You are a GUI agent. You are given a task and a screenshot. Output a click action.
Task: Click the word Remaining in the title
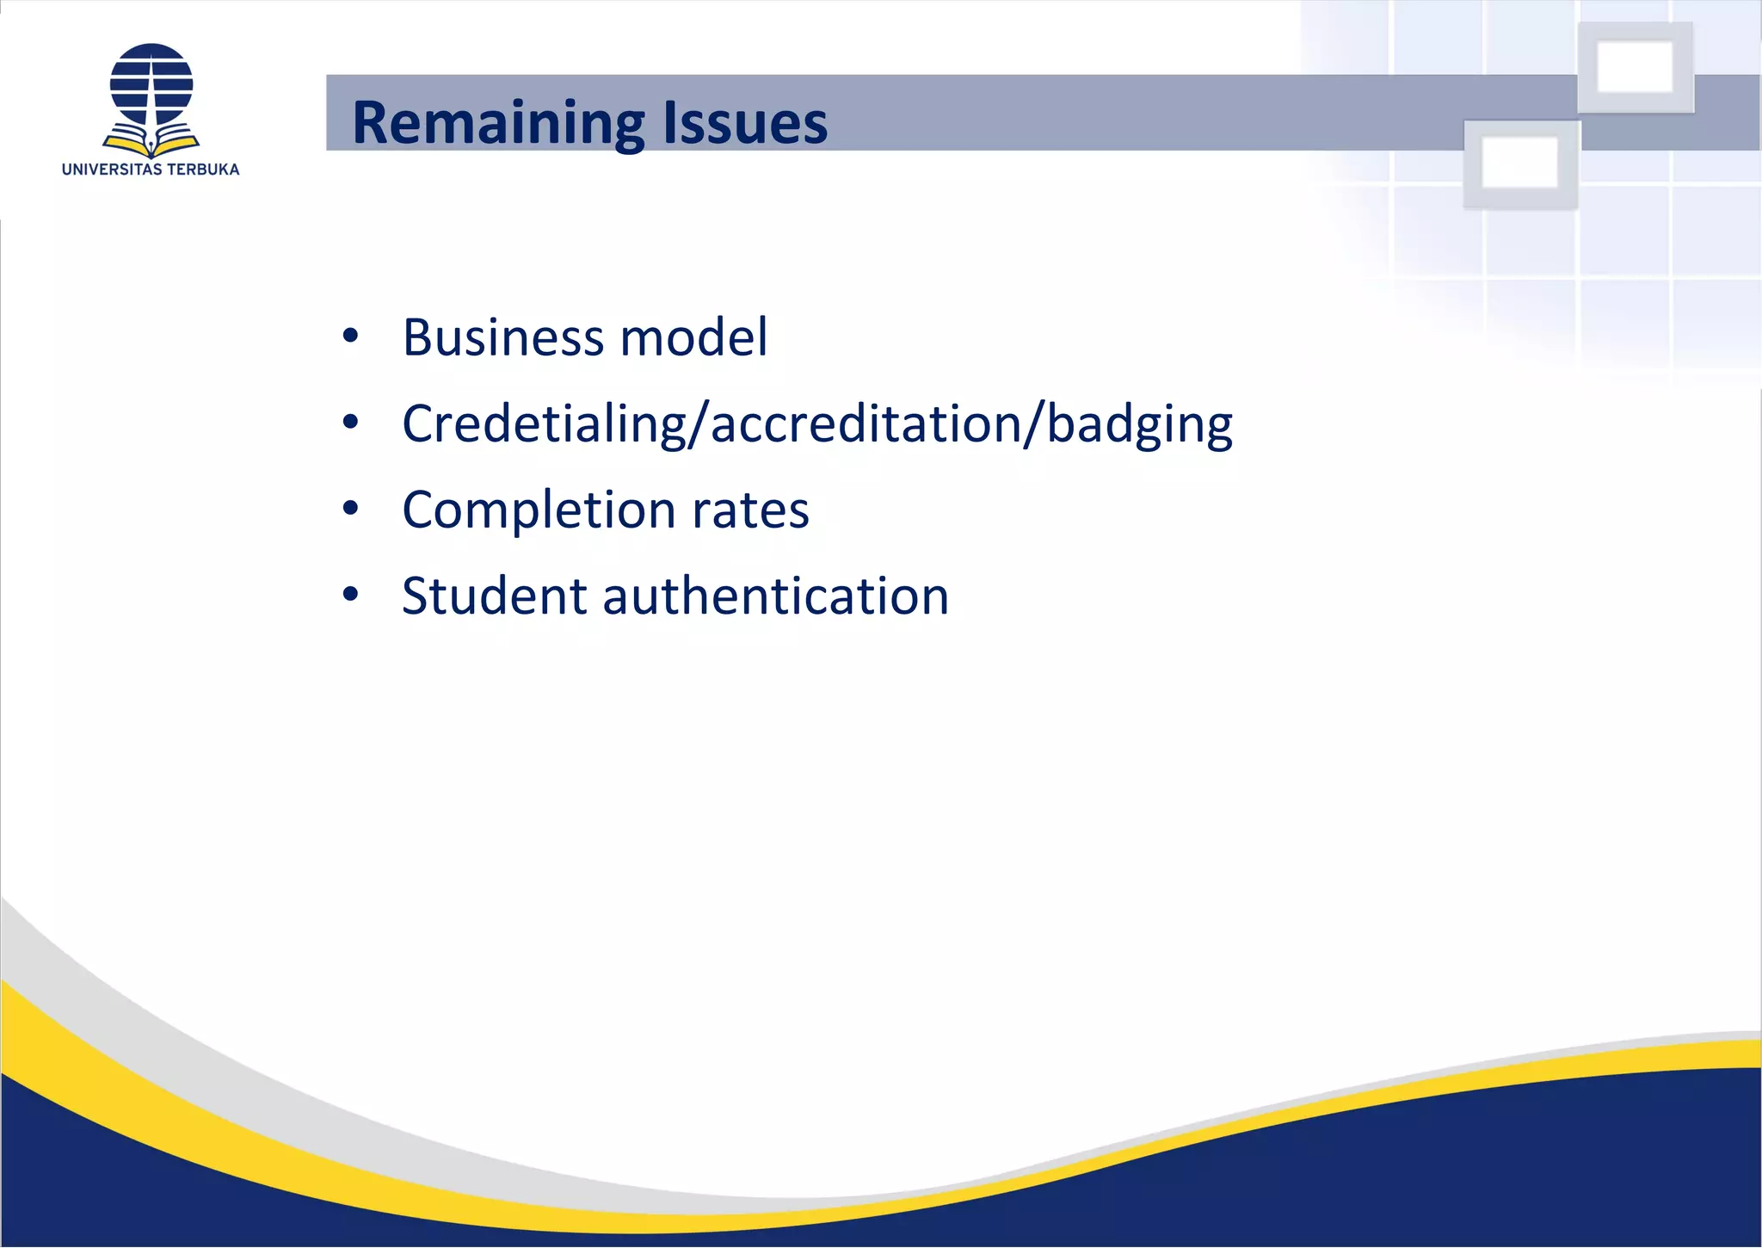coord(497,122)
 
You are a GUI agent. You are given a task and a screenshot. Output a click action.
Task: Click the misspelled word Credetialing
coord(543,424)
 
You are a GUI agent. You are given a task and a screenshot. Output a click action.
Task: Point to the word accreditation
coord(866,424)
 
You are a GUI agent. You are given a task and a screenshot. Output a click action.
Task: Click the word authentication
coord(775,596)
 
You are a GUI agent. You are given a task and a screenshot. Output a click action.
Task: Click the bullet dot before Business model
coord(349,337)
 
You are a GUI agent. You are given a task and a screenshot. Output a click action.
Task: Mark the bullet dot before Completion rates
coord(349,509)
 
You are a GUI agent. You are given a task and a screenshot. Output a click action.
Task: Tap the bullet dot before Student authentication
coord(349,594)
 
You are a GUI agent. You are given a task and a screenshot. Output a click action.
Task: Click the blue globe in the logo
coord(151,83)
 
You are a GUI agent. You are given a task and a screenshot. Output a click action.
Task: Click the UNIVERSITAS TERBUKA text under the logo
coord(151,170)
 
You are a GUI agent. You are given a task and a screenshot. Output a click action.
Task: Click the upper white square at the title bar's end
coord(1635,67)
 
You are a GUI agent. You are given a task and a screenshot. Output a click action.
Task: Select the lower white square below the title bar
coord(1520,164)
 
